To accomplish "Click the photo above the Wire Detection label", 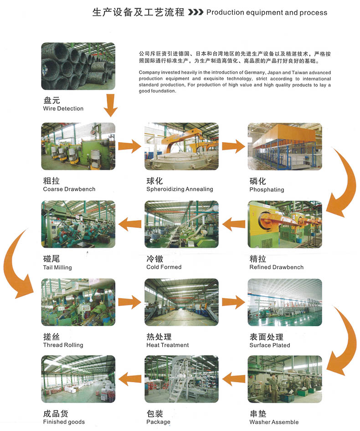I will (78, 66).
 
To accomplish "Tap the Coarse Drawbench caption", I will (69, 189).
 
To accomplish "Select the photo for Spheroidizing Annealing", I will (181, 146).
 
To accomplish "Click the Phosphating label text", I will (267, 190).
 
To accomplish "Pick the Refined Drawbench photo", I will (285, 224).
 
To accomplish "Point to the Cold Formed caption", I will (164, 267).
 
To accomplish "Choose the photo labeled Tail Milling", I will (78, 224).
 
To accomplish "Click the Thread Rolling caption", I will (63, 345).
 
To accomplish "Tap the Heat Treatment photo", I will (181, 302).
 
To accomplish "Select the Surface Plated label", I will (269, 345).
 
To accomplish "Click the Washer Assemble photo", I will (285, 379).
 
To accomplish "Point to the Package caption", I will (158, 422).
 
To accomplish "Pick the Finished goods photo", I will (78, 379).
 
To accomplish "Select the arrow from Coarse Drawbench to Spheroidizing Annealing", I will (129, 146).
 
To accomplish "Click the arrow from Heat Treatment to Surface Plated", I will (233, 301).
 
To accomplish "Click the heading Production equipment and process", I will (267, 12).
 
